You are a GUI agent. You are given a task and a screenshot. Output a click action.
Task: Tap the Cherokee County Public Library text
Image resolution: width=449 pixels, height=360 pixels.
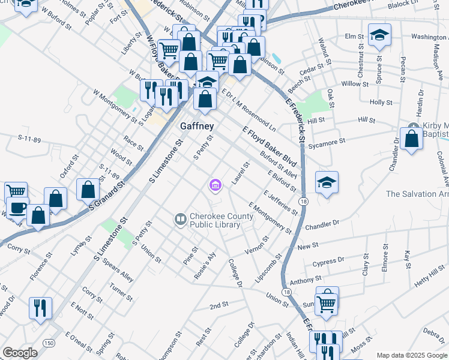tap(215, 221)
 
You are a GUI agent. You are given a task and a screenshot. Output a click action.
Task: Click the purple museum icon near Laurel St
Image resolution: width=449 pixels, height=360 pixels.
tap(215, 187)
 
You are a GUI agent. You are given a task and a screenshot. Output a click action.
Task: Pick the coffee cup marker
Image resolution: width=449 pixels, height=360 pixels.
tap(16, 209)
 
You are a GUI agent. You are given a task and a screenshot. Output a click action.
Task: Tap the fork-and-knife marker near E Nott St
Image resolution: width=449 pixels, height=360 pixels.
tap(41, 308)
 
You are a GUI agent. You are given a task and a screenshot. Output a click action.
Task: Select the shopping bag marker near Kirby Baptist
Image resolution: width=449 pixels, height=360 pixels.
tap(412, 139)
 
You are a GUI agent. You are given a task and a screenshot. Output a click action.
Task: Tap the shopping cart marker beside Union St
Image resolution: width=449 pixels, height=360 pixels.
tap(327, 303)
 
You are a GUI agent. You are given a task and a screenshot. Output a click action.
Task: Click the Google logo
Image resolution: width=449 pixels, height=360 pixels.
tap(20, 353)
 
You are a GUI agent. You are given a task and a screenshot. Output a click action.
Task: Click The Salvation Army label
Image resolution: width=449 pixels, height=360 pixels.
tap(417, 194)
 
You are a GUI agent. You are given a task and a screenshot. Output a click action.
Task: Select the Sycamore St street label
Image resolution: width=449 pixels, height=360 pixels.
tap(327, 143)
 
